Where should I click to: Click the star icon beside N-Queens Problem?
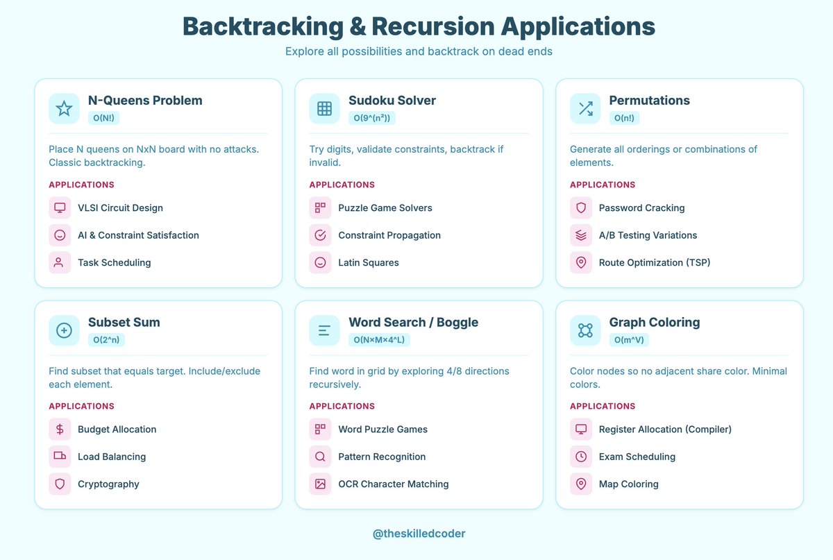point(64,108)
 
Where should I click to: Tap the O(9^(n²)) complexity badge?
point(371,118)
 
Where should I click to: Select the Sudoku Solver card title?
point(392,101)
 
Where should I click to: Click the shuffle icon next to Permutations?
point(585,108)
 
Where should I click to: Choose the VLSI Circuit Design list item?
point(120,208)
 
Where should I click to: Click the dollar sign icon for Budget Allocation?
point(60,430)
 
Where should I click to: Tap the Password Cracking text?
point(641,208)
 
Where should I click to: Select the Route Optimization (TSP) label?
point(654,263)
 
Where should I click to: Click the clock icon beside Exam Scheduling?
point(581,457)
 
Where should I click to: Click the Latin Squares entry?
point(368,263)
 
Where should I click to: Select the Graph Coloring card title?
point(654,323)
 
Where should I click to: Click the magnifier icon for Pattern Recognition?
point(320,457)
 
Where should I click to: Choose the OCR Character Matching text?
point(393,484)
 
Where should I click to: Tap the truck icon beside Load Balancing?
point(60,457)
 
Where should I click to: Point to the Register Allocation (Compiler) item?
point(664,430)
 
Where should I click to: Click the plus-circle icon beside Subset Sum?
point(64,330)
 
